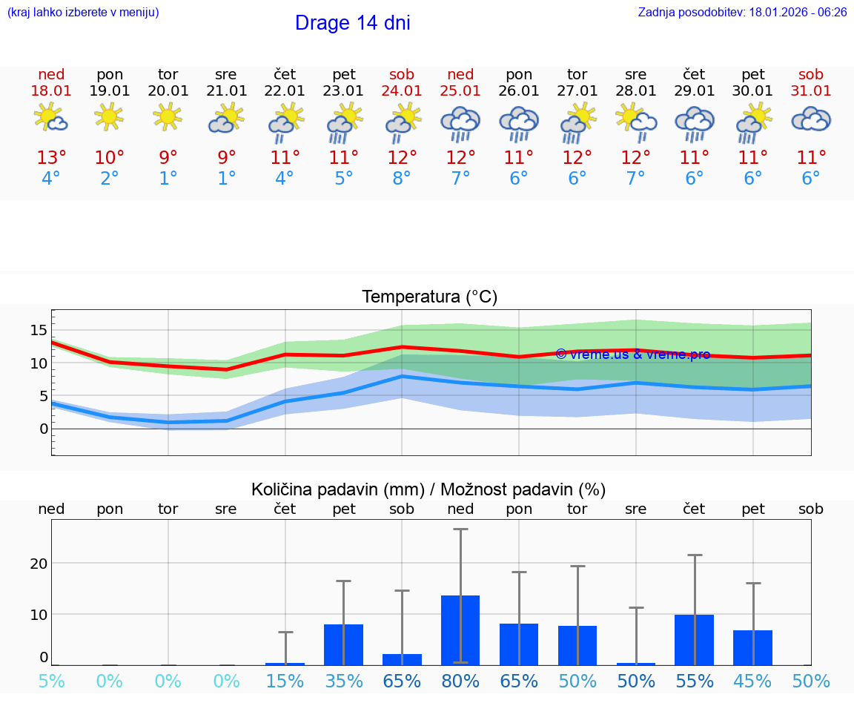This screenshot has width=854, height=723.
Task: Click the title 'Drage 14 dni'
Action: [x=352, y=23]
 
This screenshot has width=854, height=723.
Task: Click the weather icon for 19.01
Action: [x=110, y=117]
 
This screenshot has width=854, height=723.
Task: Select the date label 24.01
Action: [x=402, y=91]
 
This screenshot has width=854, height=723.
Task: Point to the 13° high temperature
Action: [x=51, y=158]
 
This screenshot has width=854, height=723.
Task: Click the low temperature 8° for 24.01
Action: [x=402, y=179]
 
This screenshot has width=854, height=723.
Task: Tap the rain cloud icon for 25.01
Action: [x=460, y=123]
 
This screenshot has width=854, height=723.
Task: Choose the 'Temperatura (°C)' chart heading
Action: [x=429, y=297]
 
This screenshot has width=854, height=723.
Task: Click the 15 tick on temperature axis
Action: [x=39, y=329]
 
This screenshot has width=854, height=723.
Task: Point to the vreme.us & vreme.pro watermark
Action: [x=632, y=354]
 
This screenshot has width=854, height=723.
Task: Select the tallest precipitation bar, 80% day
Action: [x=460, y=630]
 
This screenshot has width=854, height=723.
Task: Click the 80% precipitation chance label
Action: [x=460, y=681]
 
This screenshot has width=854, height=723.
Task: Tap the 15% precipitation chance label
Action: [x=285, y=681]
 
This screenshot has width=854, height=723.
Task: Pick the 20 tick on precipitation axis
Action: [x=39, y=563]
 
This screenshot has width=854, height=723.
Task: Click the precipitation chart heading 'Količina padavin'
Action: [x=428, y=489]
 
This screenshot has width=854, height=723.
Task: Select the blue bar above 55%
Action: [x=694, y=639]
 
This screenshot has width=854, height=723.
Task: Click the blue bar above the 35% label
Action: [x=343, y=644]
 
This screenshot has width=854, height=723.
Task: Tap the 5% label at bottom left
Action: [x=51, y=681]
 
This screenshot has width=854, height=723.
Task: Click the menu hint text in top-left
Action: [x=82, y=13]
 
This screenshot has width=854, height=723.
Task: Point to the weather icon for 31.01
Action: [x=811, y=119]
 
